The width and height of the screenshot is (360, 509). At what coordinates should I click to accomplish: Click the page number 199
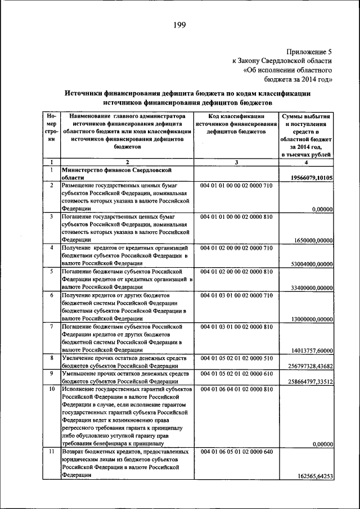(x=179, y=25)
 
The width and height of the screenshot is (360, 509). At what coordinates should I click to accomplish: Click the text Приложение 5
(x=309, y=51)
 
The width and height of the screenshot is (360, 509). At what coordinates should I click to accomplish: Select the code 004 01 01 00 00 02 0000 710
(x=236, y=185)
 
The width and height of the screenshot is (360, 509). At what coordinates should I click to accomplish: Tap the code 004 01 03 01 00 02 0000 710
(x=236, y=295)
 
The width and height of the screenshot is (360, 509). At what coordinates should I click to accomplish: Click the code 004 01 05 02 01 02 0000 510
(x=236, y=357)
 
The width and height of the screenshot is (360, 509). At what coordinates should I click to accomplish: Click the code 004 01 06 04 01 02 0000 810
(x=236, y=389)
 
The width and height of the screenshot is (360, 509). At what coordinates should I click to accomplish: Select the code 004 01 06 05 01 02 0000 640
(x=236, y=452)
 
